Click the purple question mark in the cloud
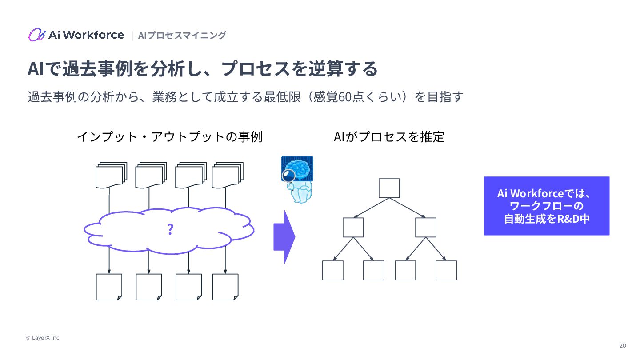click(170, 230)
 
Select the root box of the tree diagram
click(389, 188)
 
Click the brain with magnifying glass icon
click(297, 179)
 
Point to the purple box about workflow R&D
click(546, 206)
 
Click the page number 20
click(623, 346)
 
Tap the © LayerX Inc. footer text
click(43, 338)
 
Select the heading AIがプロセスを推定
click(389, 136)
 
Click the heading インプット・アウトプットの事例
click(169, 136)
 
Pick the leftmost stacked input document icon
click(111, 175)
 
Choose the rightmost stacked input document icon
click(227, 175)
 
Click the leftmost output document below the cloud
click(109, 287)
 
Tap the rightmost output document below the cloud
click(225, 287)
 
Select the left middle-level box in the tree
click(353, 227)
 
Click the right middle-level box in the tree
click(426, 227)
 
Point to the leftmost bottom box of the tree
click(332, 270)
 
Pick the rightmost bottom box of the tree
click(446, 270)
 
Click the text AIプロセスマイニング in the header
click(182, 35)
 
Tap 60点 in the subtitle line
click(351, 96)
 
